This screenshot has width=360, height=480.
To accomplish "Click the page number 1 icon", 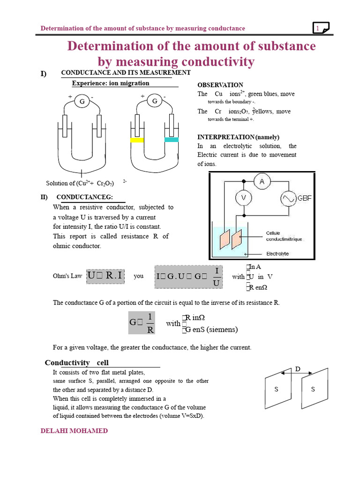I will pos(321,29).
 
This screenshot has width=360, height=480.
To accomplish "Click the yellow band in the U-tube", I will pos(137,140).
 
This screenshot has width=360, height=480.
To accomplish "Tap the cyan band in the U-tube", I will pos(172,140).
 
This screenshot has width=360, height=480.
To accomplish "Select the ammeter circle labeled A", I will pos(262,181).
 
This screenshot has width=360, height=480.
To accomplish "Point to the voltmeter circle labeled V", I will pos(243,198).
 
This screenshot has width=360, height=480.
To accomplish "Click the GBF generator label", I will pos(305,198).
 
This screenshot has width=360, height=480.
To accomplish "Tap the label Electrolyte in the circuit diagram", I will pos(277,254).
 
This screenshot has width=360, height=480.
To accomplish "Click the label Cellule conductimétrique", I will pos(284,236).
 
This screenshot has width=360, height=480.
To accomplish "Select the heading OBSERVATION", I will pos(220,85).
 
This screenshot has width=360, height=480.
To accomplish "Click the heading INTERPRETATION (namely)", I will pos(238,137).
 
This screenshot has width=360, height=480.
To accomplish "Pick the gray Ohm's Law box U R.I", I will pos(105,276).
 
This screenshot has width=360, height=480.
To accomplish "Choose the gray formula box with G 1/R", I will pos(142,322).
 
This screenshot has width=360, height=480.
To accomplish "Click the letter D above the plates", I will pos(297,369).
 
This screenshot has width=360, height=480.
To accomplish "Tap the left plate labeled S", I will pos(276,389).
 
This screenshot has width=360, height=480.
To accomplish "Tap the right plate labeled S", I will pos(313,389).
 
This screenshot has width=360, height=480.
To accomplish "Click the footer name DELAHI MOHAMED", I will pos(74,431).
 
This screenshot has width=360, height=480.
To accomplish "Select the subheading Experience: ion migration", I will pos(111,83).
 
